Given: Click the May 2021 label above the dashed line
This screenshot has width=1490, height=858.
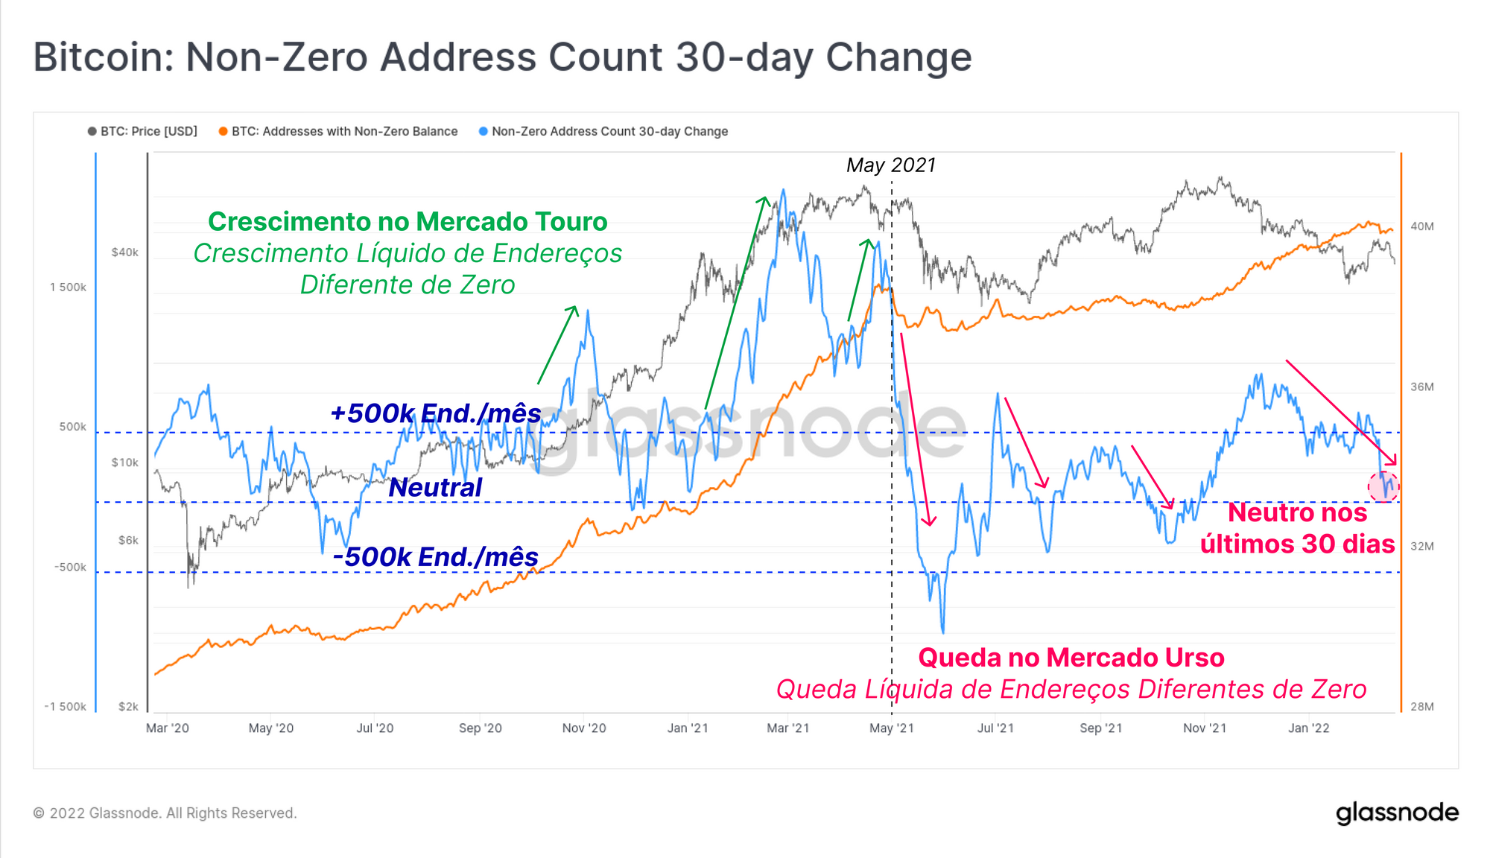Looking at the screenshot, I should point(891,165).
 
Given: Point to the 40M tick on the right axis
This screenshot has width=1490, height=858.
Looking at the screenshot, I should point(1421,226).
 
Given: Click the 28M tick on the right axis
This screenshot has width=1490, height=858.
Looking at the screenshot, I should point(1421,706).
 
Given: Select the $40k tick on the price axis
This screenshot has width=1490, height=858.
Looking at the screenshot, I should point(125,252).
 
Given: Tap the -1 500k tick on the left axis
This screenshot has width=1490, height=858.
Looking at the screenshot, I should point(66,706).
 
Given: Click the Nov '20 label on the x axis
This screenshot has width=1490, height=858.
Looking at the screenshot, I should point(584,728).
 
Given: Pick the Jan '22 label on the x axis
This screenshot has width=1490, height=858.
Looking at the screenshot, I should point(1309,728).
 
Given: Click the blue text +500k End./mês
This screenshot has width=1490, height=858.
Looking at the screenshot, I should point(436,413).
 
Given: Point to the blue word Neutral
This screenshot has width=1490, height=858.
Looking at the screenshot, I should point(435,488).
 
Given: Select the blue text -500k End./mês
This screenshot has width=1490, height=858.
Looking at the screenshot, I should point(436,557).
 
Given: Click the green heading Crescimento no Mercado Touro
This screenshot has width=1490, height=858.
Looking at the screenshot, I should point(408,221).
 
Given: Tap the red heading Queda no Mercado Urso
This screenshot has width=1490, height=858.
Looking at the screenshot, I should point(1071,658).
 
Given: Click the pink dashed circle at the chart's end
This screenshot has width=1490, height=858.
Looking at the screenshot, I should point(1383,487).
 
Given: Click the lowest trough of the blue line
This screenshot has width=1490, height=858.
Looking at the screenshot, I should point(943,632).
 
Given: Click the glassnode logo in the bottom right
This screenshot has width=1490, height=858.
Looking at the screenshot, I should point(1397,813).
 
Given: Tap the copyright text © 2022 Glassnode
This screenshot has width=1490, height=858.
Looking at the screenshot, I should point(165,813).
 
